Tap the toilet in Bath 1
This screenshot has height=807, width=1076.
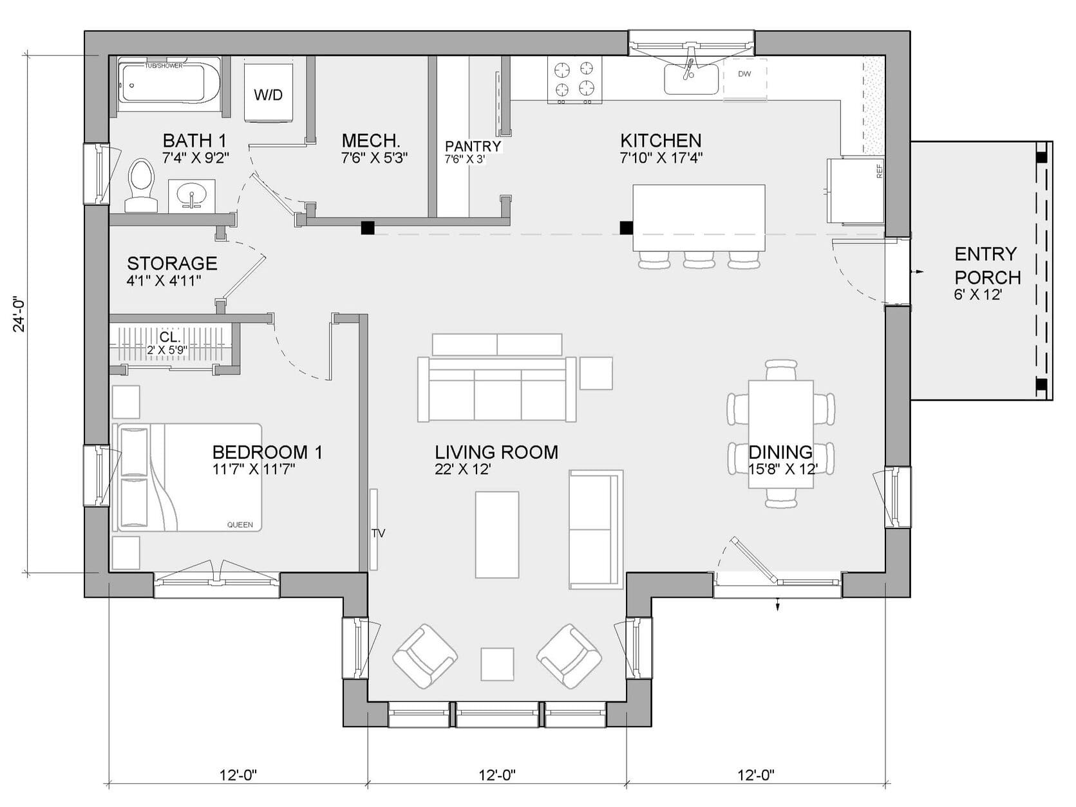[141, 185]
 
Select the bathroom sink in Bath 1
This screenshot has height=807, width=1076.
[191, 195]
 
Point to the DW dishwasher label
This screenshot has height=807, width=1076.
[744, 74]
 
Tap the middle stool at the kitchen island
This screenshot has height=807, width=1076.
[700, 259]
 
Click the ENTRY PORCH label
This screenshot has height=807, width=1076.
[987, 266]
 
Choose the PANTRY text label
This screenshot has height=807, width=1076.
[473, 146]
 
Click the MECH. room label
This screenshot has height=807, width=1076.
[371, 140]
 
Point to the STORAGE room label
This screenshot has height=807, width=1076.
[172, 263]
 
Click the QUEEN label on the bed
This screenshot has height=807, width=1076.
[240, 524]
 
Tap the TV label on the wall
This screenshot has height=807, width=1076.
[379, 533]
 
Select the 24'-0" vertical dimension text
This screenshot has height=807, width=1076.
[19, 313]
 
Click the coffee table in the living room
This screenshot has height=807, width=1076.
[497, 535]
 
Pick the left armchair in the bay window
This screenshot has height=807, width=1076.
[425, 656]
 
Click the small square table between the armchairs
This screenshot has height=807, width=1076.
[497, 663]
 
